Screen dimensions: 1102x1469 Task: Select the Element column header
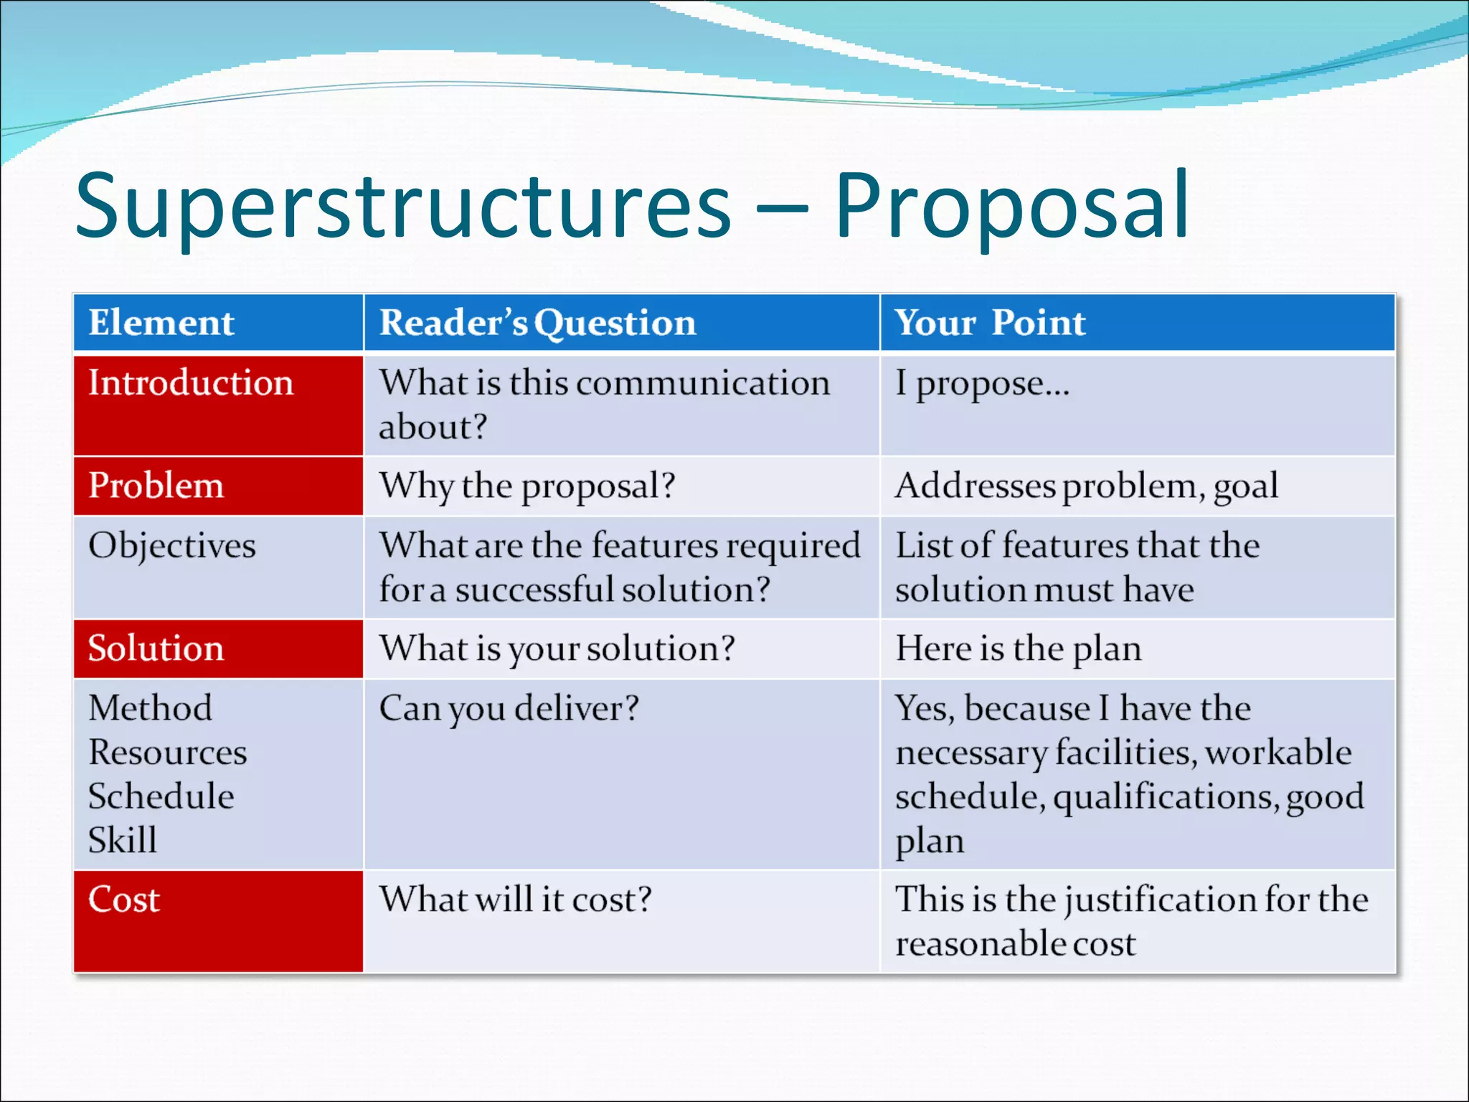[x=161, y=322]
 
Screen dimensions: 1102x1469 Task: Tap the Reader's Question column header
[x=537, y=322]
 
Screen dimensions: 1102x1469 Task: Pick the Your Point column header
[x=990, y=322]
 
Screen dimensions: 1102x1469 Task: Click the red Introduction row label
[x=191, y=382]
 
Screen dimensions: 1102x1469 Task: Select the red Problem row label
[x=156, y=486]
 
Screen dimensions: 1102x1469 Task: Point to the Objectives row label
[x=172, y=545]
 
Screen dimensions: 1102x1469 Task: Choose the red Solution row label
[x=156, y=649]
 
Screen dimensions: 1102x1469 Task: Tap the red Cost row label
[x=124, y=899]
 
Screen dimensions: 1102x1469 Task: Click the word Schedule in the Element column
[x=161, y=796]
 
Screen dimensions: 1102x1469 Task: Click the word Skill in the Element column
[x=123, y=840]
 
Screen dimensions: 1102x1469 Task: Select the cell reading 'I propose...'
[x=982, y=384]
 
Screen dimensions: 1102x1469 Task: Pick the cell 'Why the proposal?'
[x=527, y=486]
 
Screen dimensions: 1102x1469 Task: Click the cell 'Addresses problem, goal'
[x=1086, y=486]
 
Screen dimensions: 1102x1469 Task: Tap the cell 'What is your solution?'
[x=557, y=649]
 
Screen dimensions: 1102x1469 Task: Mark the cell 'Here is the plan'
[x=1018, y=649]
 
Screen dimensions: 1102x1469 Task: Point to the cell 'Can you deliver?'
[x=509, y=709]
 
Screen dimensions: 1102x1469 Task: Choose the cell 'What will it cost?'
[x=515, y=899]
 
